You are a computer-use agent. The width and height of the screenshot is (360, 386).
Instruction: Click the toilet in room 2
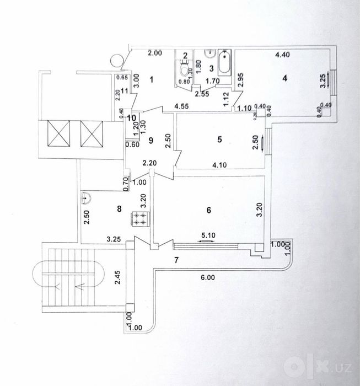pyautogui.click(x=184, y=68)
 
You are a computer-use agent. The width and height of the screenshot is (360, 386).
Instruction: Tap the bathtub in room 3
pyautogui.click(x=224, y=62)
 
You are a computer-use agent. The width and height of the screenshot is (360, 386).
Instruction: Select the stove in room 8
pyautogui.click(x=141, y=219)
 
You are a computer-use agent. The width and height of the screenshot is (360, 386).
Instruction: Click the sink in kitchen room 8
pyautogui.click(x=85, y=197)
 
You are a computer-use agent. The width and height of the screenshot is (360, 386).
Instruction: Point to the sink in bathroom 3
pyautogui.click(x=210, y=53)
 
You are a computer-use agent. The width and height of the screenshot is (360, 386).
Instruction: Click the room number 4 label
pyautogui.click(x=284, y=78)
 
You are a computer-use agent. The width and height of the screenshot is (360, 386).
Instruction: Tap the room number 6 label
pyautogui.click(x=208, y=210)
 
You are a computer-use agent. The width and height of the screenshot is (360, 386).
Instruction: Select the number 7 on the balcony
pyautogui.click(x=176, y=260)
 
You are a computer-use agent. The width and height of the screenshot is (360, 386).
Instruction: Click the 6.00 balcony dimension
pyautogui.click(x=208, y=277)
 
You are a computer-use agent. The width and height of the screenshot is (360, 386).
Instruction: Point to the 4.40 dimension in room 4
pyautogui.click(x=282, y=55)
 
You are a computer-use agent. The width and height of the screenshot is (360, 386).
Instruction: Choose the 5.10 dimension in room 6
pyautogui.click(x=208, y=235)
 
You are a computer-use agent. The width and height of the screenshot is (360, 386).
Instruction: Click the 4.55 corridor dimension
pyautogui.click(x=181, y=106)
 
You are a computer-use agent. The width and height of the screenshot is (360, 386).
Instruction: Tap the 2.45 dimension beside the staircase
pyautogui.click(x=118, y=277)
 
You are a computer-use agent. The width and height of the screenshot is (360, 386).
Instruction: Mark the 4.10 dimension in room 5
pyautogui.click(x=219, y=165)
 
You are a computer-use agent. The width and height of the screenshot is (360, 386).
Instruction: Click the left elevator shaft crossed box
pyautogui.click(x=59, y=133)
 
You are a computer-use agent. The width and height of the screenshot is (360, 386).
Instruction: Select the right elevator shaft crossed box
pyautogui.click(x=92, y=134)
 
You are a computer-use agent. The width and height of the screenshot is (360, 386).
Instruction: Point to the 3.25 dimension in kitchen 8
pyautogui.click(x=114, y=239)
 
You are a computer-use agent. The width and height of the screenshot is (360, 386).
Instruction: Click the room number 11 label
pyautogui.click(x=125, y=91)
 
